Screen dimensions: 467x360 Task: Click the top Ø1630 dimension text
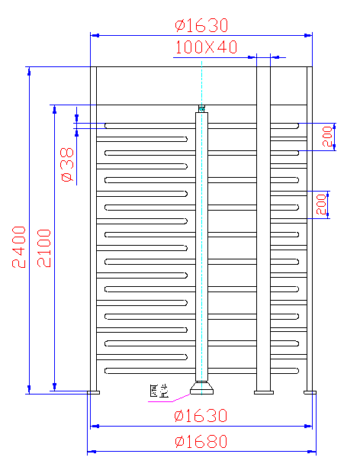[201, 25]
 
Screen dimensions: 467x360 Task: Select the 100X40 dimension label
[206, 47]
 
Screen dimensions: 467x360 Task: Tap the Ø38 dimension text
[66, 165]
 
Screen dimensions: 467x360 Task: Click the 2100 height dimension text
[43, 248]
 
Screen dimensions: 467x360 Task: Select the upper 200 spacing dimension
[327, 137]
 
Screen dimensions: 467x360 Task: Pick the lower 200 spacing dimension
[322, 204]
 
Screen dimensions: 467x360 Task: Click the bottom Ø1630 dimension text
[201, 416]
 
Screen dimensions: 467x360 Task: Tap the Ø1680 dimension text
[201, 442]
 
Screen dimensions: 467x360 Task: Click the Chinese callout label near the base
[158, 392]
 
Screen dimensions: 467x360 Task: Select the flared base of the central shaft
[202, 389]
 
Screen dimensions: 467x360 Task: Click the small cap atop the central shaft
[202, 108]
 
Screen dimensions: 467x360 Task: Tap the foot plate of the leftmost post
[94, 392]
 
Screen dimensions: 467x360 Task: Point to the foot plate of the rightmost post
[310, 392]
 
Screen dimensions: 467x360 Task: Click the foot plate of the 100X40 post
[263, 392]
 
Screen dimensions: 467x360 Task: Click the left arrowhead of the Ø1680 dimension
[91, 451]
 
